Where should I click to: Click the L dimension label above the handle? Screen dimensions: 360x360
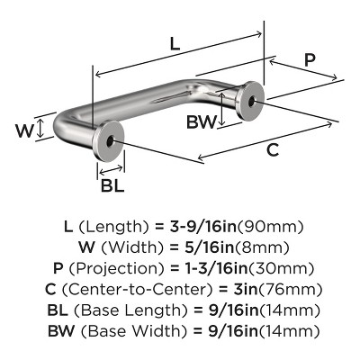[x=174, y=41]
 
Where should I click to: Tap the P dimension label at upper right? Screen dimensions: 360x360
[x=310, y=59]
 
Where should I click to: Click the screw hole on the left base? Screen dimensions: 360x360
[x=110, y=141]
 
